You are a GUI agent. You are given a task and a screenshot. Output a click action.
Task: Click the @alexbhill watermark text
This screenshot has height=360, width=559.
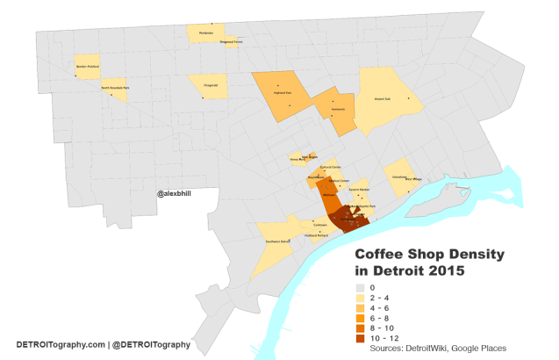point(176,194)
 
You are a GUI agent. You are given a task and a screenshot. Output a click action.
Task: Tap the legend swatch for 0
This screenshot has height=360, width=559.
point(360,288)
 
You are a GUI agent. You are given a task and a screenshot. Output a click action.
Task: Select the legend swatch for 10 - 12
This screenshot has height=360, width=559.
point(360,338)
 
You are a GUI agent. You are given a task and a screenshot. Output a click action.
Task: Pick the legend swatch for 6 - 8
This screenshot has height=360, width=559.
point(360,318)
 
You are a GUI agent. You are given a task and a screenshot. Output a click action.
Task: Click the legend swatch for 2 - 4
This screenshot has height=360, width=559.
point(360,298)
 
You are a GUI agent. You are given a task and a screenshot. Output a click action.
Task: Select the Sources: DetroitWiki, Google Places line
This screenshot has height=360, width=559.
point(439,349)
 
